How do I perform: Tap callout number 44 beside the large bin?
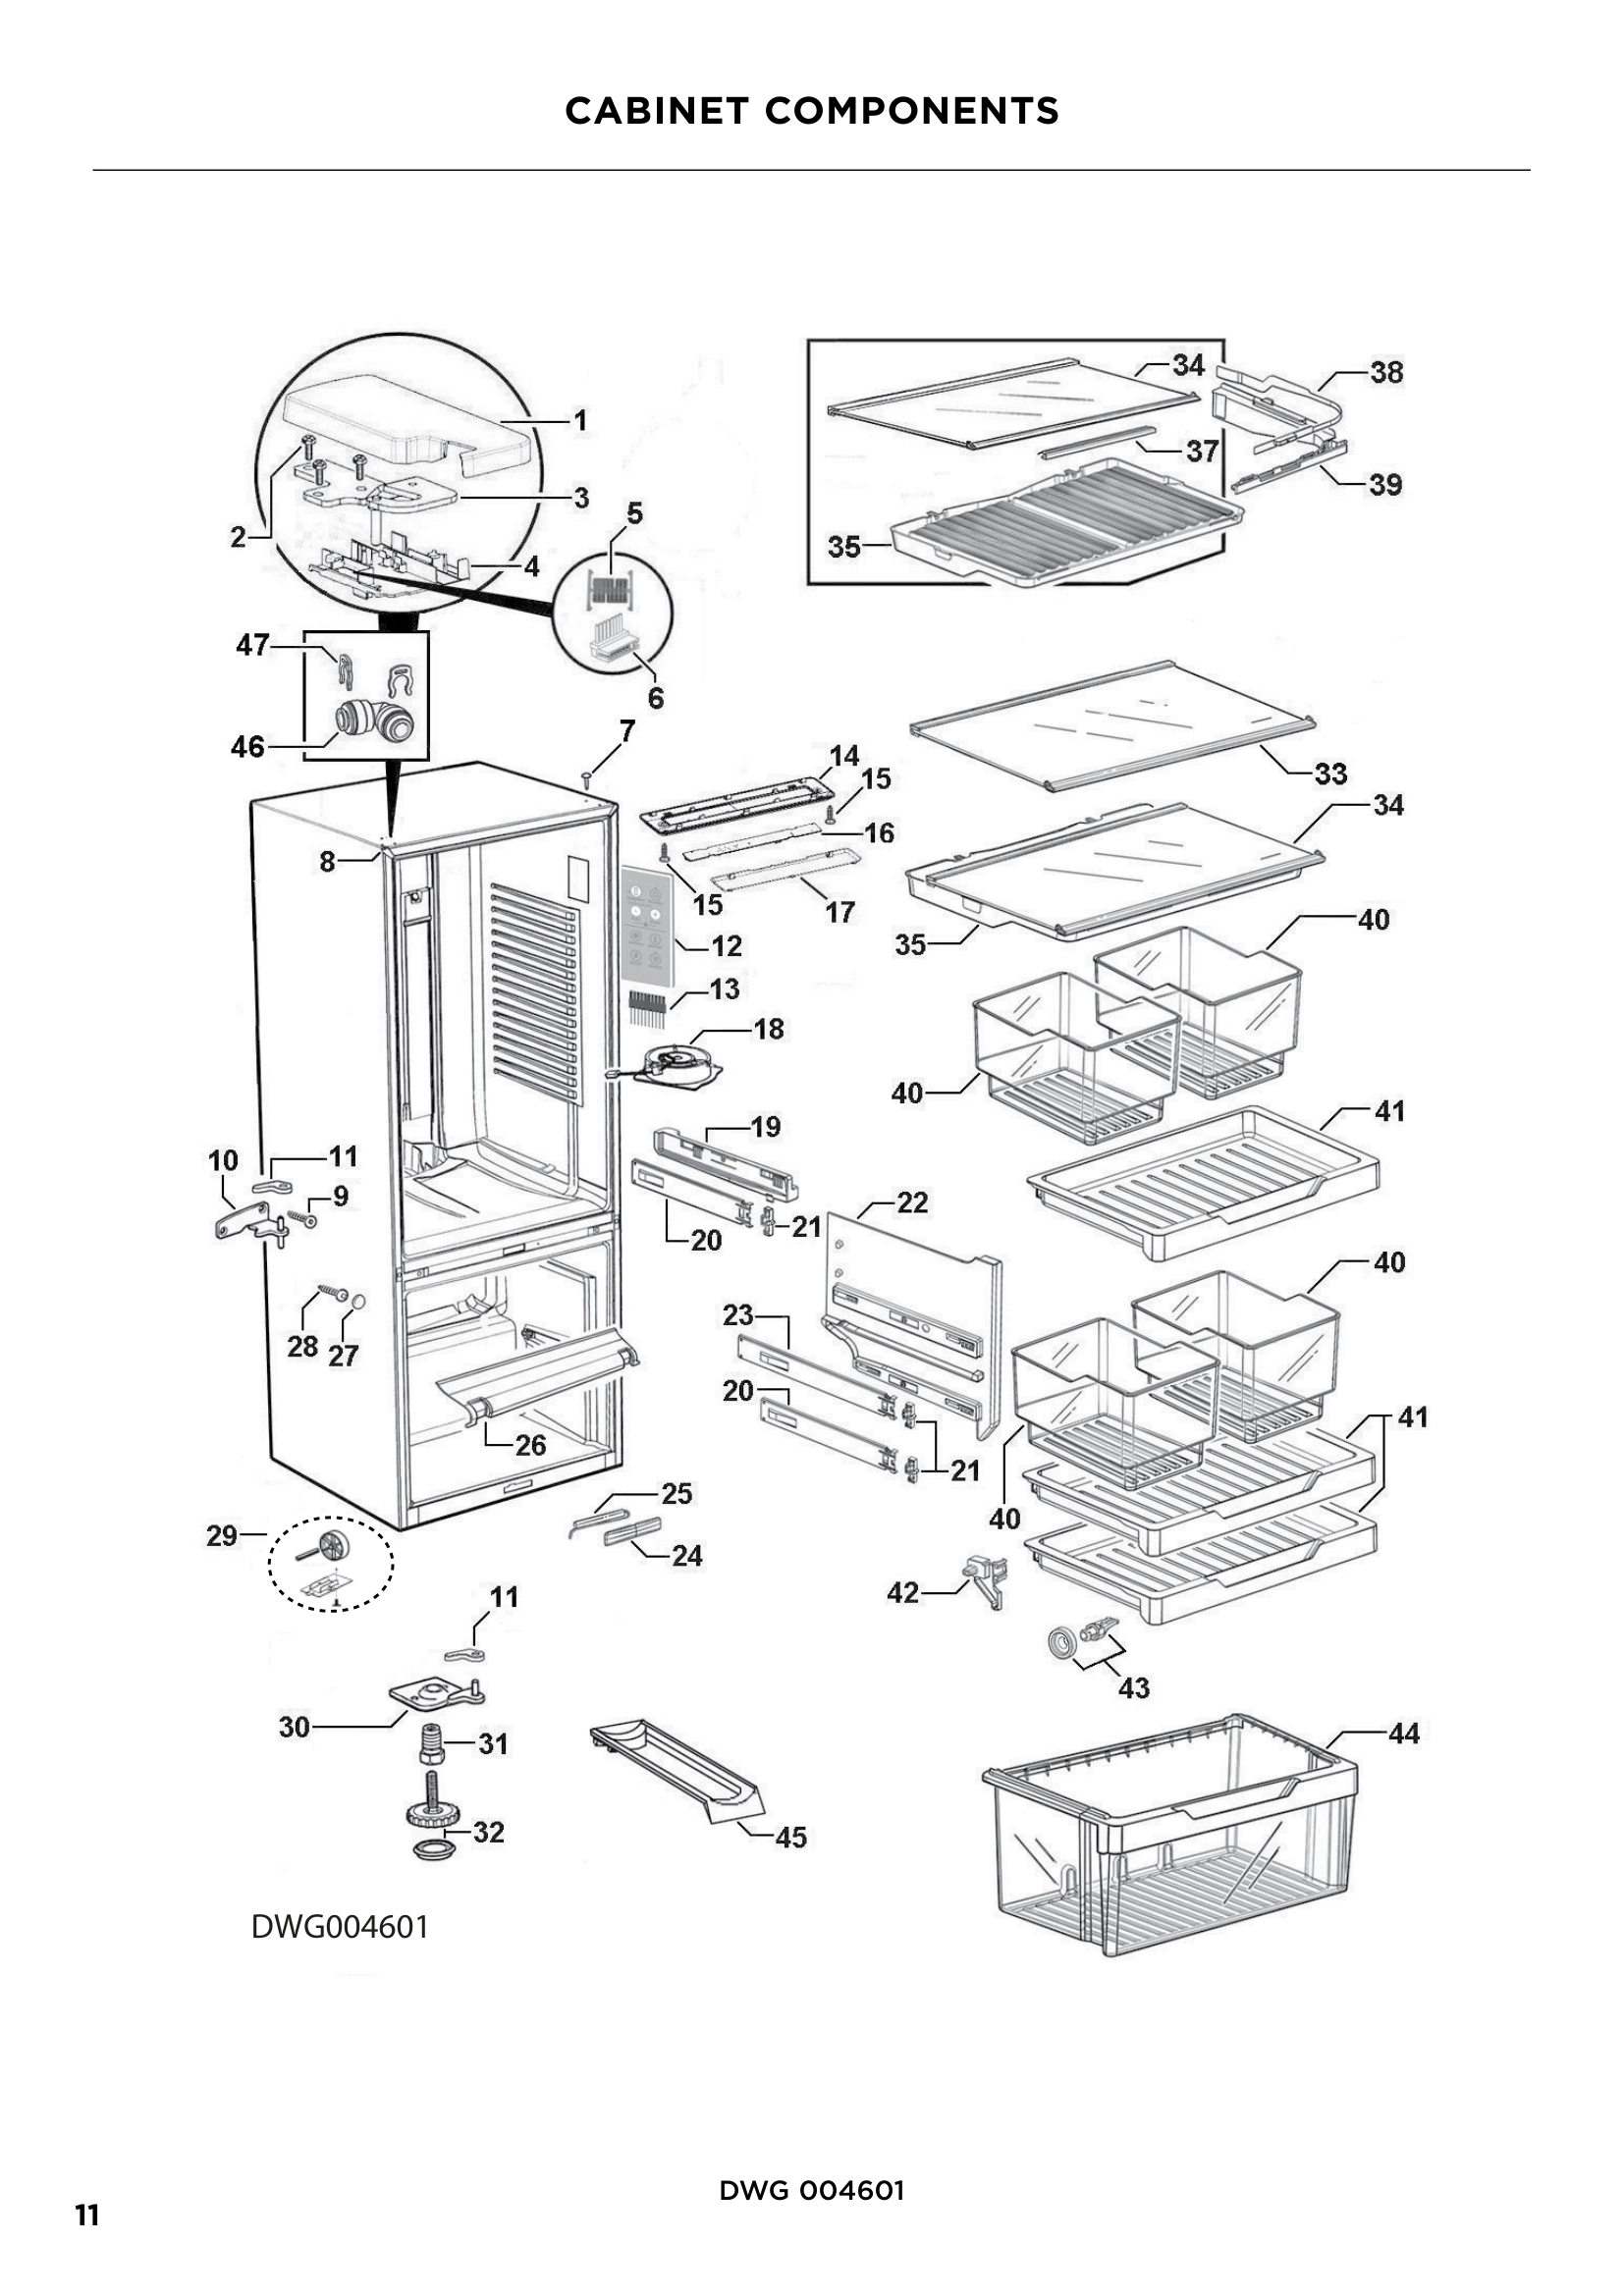[1403, 1733]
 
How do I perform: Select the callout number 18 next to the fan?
[768, 1028]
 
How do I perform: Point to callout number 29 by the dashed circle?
[221, 1535]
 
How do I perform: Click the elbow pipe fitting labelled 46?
[366, 720]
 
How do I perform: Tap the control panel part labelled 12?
[646, 920]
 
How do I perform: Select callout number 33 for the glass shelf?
[1330, 773]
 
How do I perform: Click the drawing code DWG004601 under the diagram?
[339, 1926]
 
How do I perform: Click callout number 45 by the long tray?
[790, 1837]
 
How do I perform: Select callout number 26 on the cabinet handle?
[530, 1445]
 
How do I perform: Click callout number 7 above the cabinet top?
[627, 731]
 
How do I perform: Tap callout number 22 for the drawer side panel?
[911, 1202]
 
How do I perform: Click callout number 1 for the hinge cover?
[579, 421]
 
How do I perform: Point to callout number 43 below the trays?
[1133, 1688]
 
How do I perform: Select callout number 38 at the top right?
[1386, 372]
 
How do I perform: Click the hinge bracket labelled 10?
[244, 1222]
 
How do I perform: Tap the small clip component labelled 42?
[985, 1579]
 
